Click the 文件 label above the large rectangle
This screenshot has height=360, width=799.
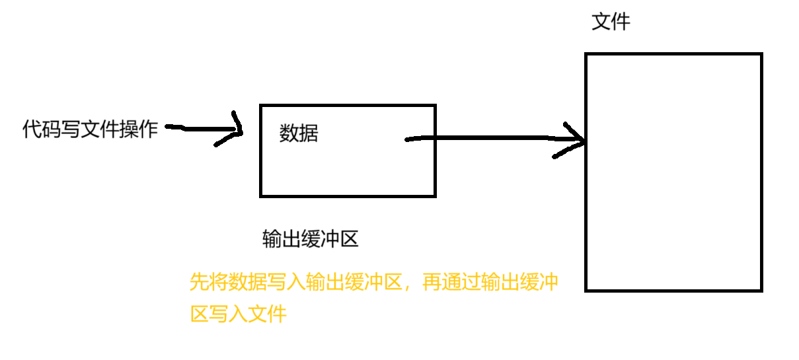click(x=611, y=22)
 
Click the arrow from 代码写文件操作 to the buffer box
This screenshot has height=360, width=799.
click(x=198, y=129)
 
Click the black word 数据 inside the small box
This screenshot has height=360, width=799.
click(x=299, y=133)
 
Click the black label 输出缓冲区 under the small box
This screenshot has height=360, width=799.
click(x=310, y=238)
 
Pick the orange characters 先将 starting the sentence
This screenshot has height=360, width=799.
click(x=208, y=283)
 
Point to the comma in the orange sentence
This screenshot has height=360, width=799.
click(x=410, y=287)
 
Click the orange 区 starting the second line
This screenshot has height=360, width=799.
click(x=199, y=314)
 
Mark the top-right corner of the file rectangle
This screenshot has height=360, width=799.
click(x=761, y=55)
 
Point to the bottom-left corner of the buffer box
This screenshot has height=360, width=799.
click(x=262, y=195)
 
